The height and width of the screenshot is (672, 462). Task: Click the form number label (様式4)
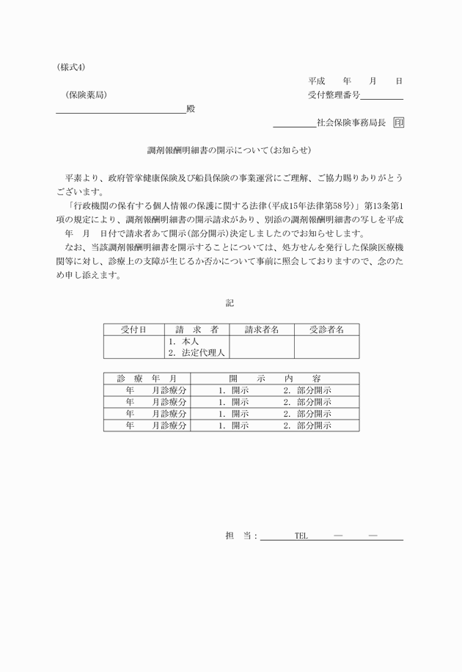(x=70, y=66)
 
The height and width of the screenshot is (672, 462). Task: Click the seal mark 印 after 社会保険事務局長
(x=398, y=123)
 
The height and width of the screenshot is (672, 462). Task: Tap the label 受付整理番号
(x=334, y=95)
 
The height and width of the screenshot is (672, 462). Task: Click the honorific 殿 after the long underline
(x=191, y=109)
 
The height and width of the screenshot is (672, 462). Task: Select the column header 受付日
(x=134, y=330)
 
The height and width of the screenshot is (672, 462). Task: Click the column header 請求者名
(x=262, y=330)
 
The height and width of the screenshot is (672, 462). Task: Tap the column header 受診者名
(x=326, y=330)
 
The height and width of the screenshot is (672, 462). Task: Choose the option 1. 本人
(x=183, y=341)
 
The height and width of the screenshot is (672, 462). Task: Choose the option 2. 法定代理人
(x=197, y=352)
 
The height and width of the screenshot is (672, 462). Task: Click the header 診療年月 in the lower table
(x=146, y=379)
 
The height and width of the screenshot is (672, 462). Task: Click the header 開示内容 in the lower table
(x=274, y=379)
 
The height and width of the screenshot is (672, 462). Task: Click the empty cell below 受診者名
(x=326, y=346)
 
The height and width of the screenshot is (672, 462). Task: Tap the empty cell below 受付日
(x=134, y=346)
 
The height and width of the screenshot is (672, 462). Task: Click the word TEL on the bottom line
(x=301, y=536)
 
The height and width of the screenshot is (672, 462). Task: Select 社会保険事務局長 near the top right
(x=351, y=123)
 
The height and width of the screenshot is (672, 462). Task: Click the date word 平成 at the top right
(x=317, y=81)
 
